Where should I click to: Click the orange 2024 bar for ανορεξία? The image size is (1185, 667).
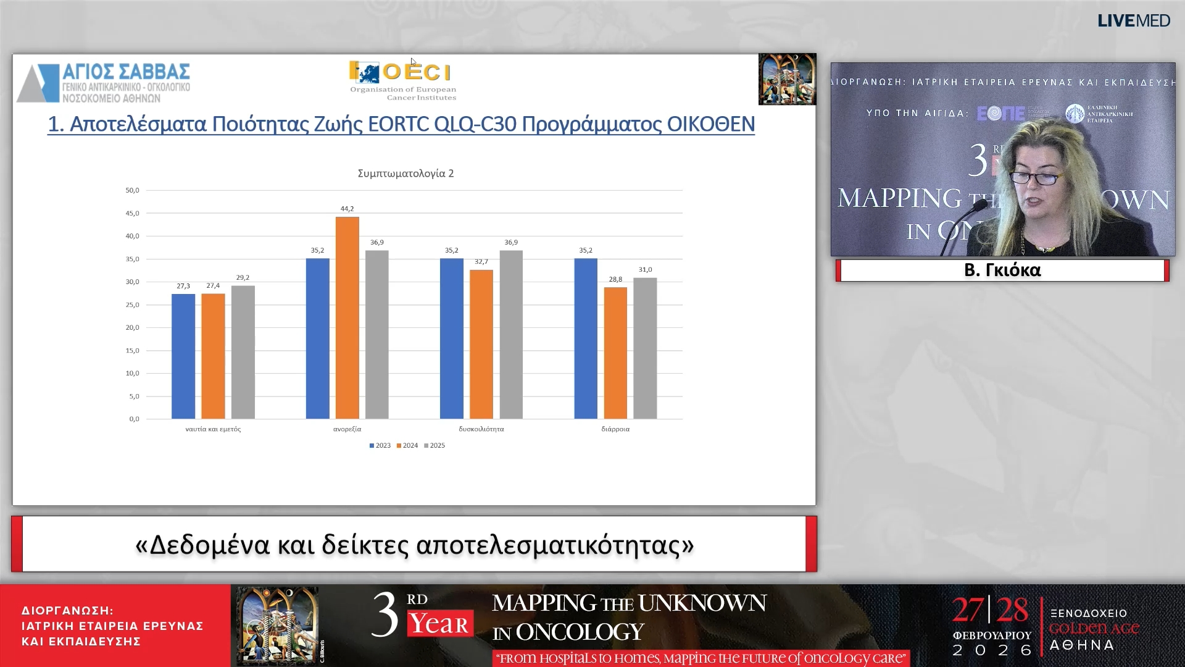pos(347,317)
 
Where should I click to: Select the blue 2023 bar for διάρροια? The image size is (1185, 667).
pos(585,338)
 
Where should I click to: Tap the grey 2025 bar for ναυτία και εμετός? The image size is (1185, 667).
pos(243,352)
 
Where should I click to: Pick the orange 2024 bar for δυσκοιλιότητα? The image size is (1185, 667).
pos(481,344)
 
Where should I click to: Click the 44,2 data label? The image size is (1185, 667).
pos(347,209)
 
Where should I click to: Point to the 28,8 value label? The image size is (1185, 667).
pos(615,279)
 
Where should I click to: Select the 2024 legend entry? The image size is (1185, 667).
pos(407,445)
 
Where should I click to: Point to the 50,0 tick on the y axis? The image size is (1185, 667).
pos(132,190)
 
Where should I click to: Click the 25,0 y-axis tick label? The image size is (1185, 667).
pos(132,304)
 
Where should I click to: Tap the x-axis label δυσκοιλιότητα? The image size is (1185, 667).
pos(481,429)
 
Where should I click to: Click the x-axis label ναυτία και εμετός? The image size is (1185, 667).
pos(213,429)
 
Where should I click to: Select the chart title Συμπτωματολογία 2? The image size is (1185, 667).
pos(405,174)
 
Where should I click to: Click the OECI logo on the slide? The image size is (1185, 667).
pos(402,79)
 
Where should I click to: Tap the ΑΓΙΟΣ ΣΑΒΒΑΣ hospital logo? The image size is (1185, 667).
pos(104,82)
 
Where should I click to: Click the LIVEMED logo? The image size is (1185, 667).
pos(1133,20)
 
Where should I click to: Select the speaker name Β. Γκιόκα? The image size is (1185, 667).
pos(1002,270)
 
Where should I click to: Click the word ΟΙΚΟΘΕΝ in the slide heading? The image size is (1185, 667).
pos(710,124)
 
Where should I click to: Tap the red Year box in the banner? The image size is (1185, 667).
pos(439,624)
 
